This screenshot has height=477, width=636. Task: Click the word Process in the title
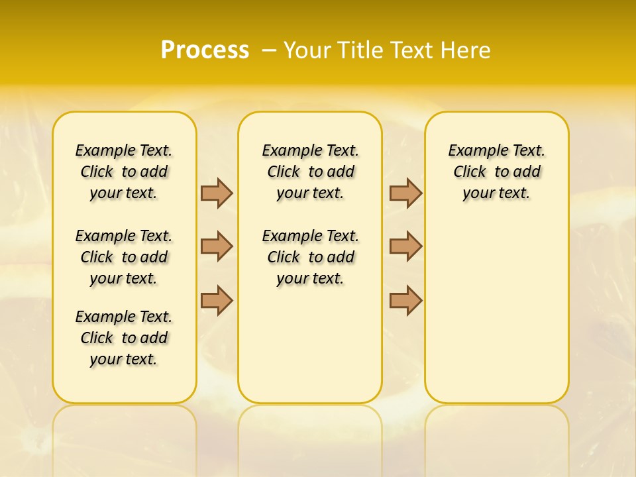point(205,50)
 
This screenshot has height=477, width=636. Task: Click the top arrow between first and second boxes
point(217,193)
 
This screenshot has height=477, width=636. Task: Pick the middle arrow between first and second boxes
point(217,246)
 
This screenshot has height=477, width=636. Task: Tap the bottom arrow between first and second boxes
point(217,300)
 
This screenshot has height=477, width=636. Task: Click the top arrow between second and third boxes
point(405,193)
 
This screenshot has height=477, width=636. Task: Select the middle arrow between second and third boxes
point(405,246)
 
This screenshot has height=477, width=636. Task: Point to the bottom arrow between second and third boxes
point(405,300)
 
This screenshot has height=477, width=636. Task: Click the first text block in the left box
point(124,172)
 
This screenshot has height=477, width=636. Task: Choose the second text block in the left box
point(124,257)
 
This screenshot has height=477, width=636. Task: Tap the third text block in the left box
point(124,338)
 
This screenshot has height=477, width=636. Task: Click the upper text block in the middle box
point(310,172)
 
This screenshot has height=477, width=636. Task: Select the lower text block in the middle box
point(310,257)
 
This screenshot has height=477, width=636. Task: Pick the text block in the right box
point(497,172)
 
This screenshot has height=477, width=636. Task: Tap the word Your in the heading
point(308,50)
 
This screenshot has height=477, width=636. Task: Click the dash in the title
point(269,50)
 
